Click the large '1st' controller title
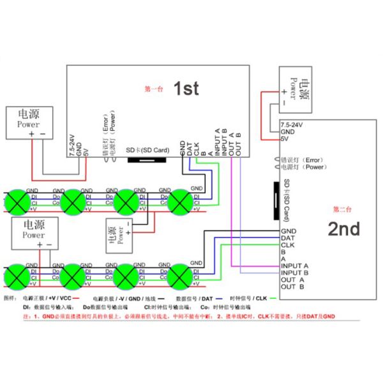click(186, 89)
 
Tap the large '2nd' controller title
click(343, 229)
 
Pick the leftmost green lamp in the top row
click(19, 200)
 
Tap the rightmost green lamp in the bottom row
click(181, 278)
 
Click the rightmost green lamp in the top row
click(181, 200)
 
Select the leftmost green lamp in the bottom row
click(19, 278)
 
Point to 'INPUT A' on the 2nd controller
click(295, 266)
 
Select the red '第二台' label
click(343, 209)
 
